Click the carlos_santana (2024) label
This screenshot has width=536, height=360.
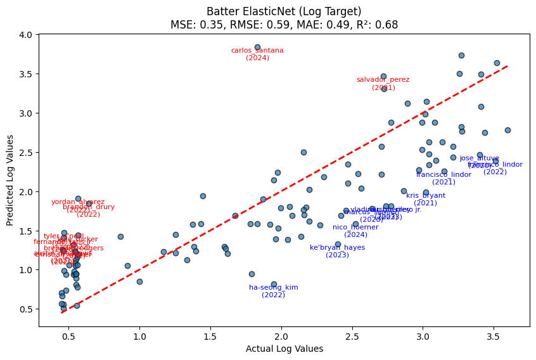point(257,54)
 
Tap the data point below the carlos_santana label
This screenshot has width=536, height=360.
point(257,47)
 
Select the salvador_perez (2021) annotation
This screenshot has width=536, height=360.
point(383,83)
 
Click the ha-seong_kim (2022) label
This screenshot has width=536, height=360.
point(273,291)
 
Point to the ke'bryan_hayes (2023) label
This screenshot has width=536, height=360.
point(337,251)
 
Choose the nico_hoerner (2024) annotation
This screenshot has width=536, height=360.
point(355,231)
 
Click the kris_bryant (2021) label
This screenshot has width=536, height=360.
point(426,199)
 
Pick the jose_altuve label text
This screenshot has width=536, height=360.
point(480,158)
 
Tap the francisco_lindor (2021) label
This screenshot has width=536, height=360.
point(443,178)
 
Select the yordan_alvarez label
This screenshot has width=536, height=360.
point(78,202)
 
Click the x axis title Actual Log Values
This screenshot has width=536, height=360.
point(284,349)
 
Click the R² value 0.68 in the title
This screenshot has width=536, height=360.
point(389,25)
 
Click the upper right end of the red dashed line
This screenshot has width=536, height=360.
point(507,66)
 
